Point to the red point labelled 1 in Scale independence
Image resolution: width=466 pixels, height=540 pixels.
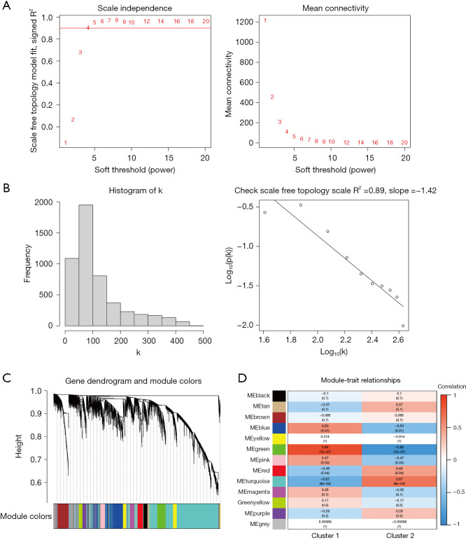[66, 143]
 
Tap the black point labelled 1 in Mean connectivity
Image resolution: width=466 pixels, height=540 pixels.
[265, 21]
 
